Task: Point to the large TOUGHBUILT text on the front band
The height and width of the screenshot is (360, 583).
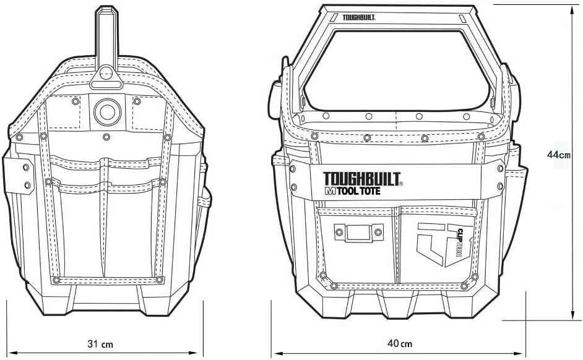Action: pyautogui.click(x=362, y=179)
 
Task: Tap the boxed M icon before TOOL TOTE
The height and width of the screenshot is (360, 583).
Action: pyautogui.click(x=329, y=192)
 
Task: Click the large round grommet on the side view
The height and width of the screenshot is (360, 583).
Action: pyautogui.click(x=106, y=111)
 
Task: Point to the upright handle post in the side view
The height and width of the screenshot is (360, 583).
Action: pyautogui.click(x=106, y=37)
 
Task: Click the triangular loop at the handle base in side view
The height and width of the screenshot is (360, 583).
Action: pyautogui.click(x=106, y=75)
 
